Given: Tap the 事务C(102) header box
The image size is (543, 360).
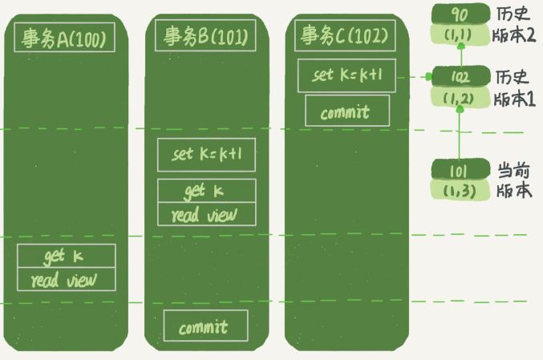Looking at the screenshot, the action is pyautogui.click(x=344, y=35).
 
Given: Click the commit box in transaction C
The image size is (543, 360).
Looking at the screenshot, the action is pyautogui.click(x=346, y=111).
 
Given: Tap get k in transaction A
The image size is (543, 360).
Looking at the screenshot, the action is pyautogui.click(x=67, y=257).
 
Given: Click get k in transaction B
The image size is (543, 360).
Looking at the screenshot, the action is pyautogui.click(x=206, y=191).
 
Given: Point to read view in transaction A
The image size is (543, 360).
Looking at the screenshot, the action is pyautogui.click(x=67, y=280).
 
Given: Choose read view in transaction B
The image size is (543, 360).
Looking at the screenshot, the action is pyautogui.click(x=206, y=214).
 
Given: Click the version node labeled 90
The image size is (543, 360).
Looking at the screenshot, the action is pyautogui.click(x=460, y=14).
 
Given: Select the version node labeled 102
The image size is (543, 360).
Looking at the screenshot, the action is pyautogui.click(x=460, y=78).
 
